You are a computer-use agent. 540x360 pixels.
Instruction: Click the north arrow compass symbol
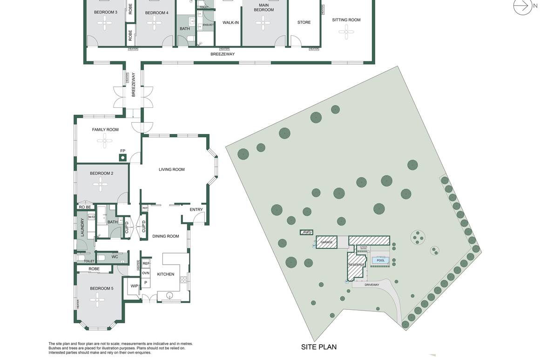click(522, 6)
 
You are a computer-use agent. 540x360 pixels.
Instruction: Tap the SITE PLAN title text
click(318, 347)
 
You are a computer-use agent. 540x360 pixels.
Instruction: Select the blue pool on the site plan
click(381, 260)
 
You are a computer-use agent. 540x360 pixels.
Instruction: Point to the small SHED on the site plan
click(306, 232)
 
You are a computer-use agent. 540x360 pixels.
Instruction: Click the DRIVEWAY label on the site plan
click(372, 285)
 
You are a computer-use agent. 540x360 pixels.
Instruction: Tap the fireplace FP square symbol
click(123, 158)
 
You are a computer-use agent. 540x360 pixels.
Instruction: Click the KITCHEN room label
click(165, 274)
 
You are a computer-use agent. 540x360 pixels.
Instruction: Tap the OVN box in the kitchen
click(146, 273)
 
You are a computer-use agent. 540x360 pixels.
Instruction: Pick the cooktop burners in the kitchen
click(183, 279)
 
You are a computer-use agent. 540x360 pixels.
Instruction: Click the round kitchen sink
click(169, 295)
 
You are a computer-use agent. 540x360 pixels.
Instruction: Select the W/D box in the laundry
click(91, 217)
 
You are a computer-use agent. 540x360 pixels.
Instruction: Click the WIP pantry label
click(134, 286)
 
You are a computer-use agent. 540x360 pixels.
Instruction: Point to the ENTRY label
click(196, 210)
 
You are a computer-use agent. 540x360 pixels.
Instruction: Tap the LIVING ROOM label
click(172, 170)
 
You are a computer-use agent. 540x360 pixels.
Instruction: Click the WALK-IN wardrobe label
click(230, 22)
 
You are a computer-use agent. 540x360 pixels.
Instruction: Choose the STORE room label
click(304, 22)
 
